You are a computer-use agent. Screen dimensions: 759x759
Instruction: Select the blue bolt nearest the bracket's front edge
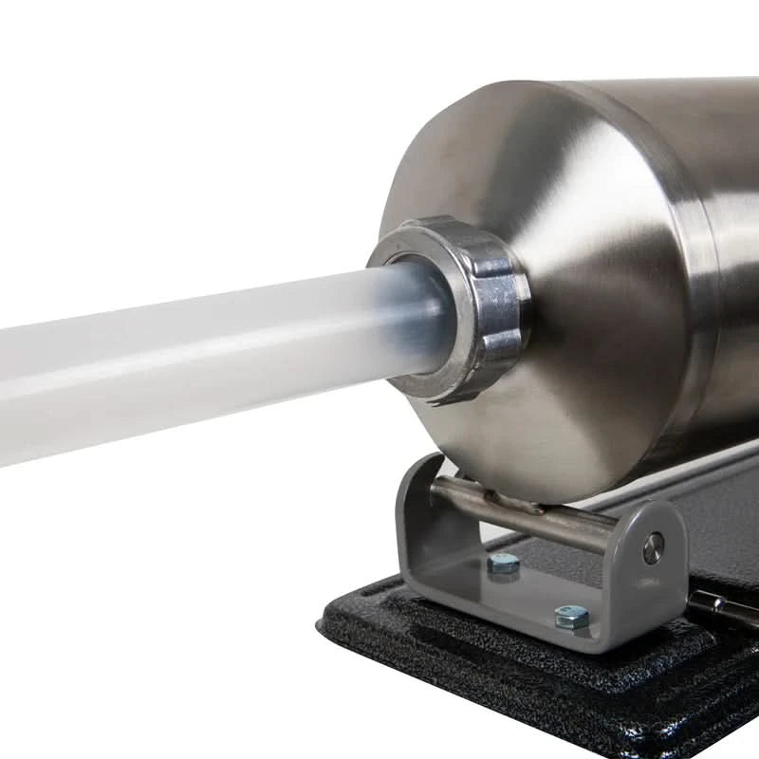pos(571,617)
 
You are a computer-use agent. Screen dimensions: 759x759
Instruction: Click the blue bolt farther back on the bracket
pos(504,564)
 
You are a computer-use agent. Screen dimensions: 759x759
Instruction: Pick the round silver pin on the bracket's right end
pos(653,548)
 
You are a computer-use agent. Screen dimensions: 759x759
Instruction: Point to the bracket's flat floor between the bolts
pos(531,593)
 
